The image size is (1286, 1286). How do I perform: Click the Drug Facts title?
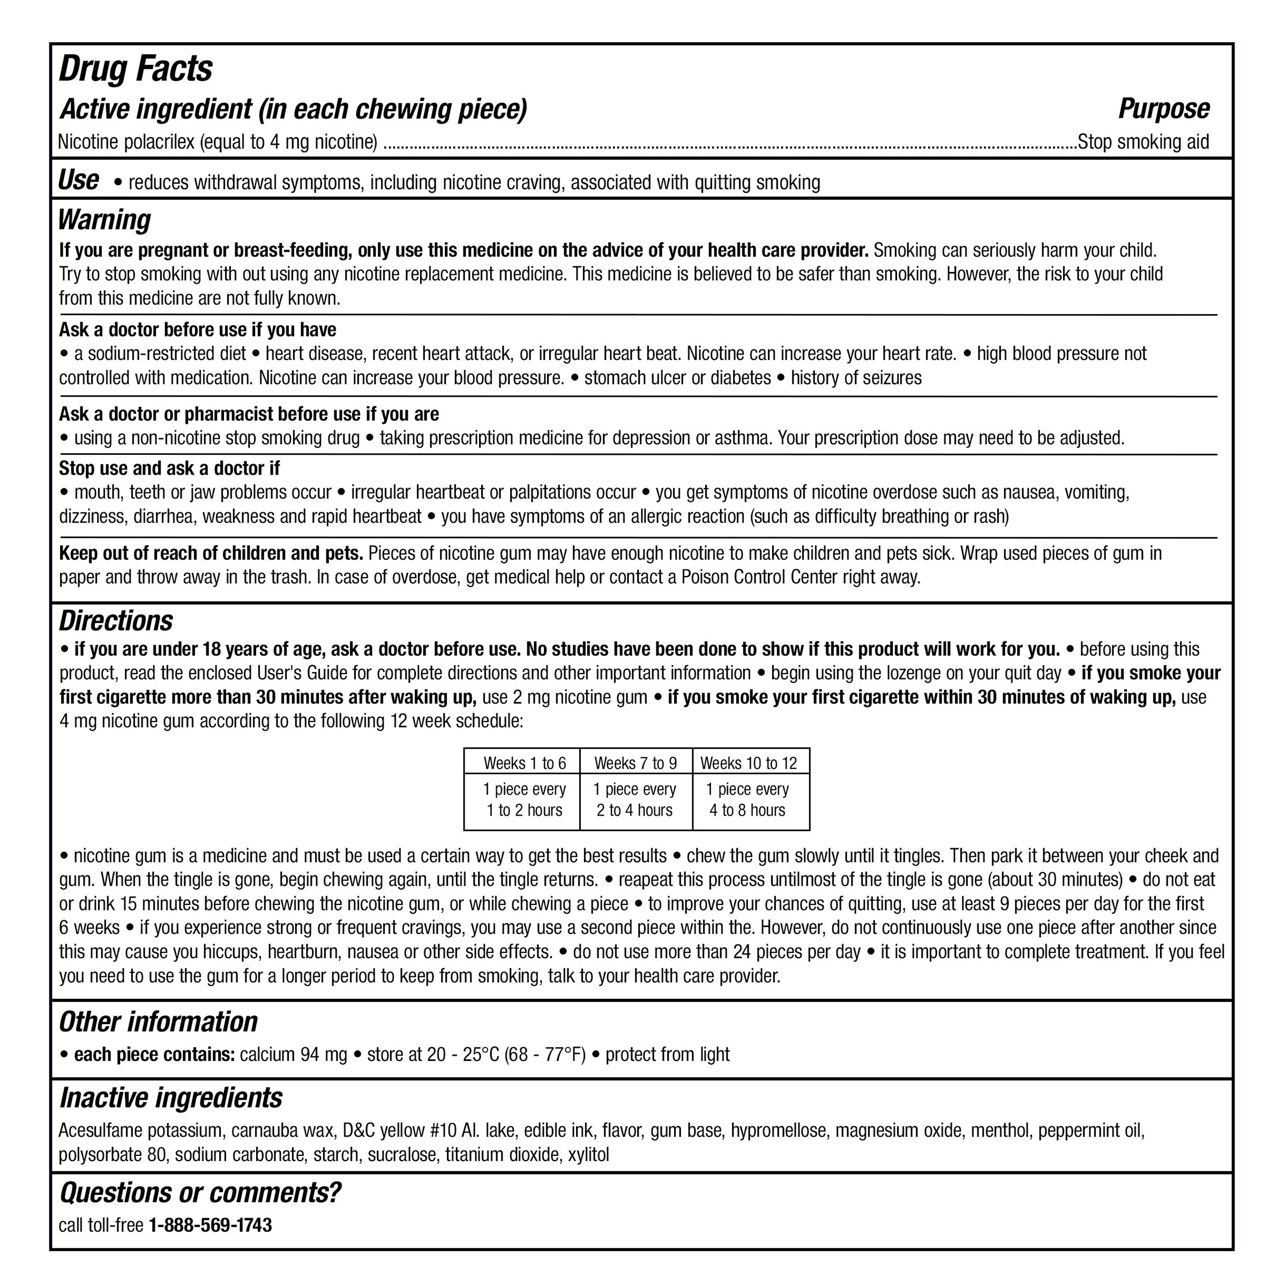135,69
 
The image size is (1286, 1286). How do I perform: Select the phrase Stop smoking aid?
1142,143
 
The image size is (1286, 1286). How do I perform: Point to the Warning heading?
104,220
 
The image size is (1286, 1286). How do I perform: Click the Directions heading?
116,621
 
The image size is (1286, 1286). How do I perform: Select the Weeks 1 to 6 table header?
525,763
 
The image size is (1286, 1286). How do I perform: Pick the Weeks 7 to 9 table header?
635,763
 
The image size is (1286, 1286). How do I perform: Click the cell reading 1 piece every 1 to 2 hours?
525,800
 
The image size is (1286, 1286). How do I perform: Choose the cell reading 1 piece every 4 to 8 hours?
747,800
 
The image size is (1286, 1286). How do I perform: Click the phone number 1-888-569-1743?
211,1225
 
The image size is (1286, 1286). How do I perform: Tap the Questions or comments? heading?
200,1193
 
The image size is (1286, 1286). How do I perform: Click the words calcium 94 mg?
294,1055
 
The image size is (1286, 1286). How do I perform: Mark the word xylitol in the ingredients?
588,1154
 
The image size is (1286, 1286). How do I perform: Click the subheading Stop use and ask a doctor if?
169,469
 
